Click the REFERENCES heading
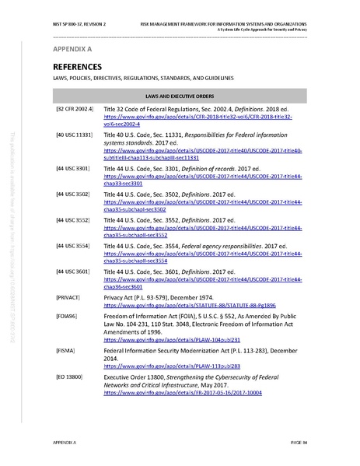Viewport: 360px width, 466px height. (x=75, y=67)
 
